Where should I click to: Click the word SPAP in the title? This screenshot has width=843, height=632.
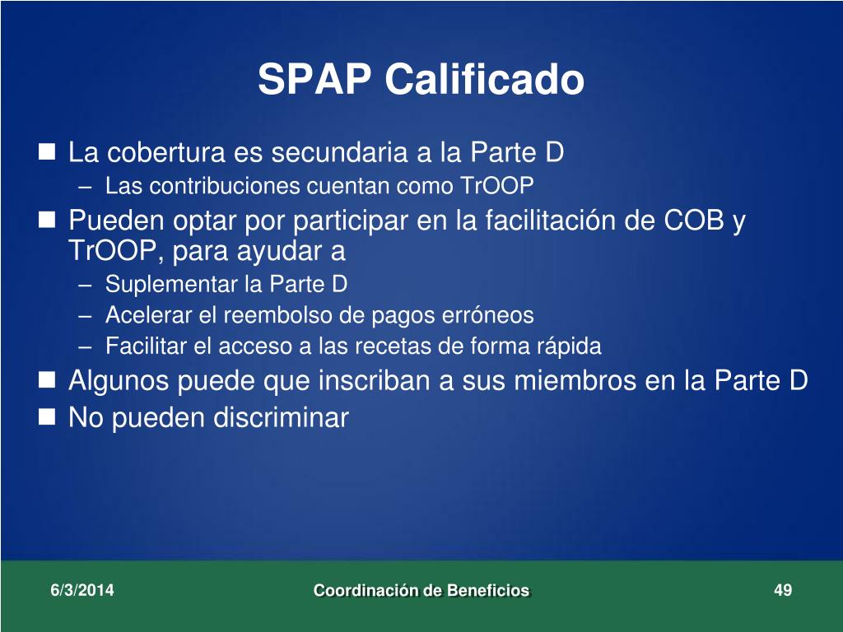[x=314, y=79]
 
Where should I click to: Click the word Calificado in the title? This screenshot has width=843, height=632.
[x=484, y=79]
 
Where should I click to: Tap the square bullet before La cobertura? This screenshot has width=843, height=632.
[x=47, y=151]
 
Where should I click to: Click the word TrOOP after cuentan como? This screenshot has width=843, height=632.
[x=496, y=186]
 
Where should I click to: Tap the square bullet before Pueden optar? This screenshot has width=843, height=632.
[x=47, y=219]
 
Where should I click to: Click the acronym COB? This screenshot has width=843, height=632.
[x=694, y=220]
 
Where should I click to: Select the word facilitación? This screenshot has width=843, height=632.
[x=551, y=220]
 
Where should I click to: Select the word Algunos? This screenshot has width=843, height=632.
[x=119, y=381]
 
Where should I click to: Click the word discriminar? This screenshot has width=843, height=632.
[x=282, y=417]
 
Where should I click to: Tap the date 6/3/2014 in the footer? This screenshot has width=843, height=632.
[x=82, y=590]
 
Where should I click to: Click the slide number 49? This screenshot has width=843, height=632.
[x=783, y=590]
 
